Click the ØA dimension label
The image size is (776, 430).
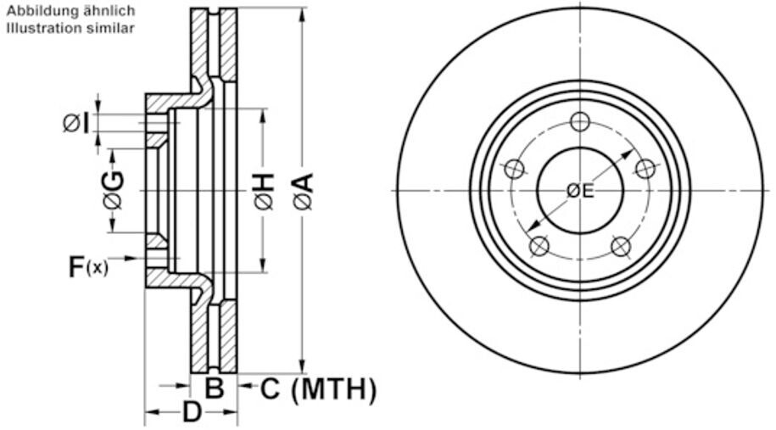click(304, 192)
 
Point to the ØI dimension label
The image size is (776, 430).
click(75, 124)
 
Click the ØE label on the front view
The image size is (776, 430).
click(580, 191)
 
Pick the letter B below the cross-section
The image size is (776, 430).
click(215, 390)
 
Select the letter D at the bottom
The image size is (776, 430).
click(193, 414)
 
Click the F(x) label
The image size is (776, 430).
click(88, 267)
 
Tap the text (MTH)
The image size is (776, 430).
click(333, 390)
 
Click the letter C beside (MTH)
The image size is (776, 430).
click(269, 390)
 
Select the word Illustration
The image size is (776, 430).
click(36, 28)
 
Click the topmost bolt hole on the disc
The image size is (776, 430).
click(580, 121)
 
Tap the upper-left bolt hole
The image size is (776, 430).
click(514, 170)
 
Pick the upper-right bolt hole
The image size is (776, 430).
click(645, 170)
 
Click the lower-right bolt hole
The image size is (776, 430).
click(621, 247)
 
